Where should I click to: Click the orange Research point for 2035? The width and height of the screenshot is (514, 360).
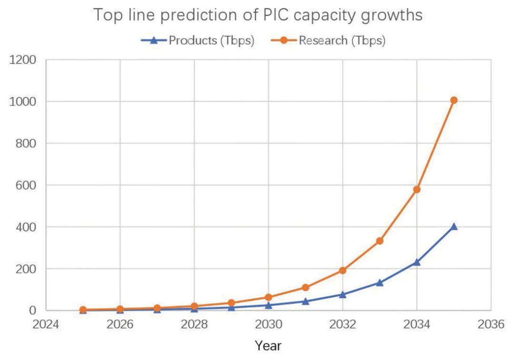[454, 100]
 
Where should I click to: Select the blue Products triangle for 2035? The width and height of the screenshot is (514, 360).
[454, 227]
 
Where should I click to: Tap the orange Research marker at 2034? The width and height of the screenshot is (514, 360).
[416, 189]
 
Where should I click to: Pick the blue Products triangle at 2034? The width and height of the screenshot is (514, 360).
[416, 262]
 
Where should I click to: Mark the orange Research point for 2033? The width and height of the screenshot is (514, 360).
[379, 241]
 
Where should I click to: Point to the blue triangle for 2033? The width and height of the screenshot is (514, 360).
[379, 282]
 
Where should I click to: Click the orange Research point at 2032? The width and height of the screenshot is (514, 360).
[342, 271]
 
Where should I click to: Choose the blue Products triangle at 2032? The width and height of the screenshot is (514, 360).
[342, 294]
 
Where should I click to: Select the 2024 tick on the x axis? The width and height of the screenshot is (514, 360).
[46, 324]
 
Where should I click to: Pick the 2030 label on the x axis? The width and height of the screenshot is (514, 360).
[268, 324]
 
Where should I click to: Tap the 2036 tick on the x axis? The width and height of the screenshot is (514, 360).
[491, 324]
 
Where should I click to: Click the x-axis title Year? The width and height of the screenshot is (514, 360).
[268, 346]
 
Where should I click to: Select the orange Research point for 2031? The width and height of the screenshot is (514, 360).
[305, 288]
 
